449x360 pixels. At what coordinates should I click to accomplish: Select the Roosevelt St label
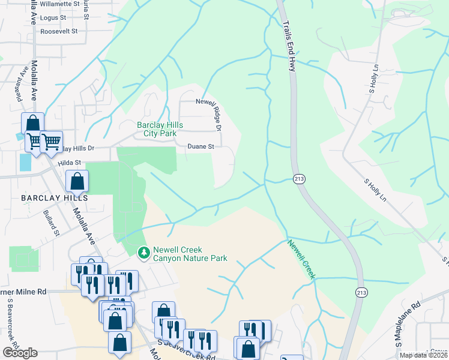[x=59, y=31]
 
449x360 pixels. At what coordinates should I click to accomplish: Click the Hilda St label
[x=69, y=163]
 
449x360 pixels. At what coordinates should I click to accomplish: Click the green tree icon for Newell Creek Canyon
[x=143, y=254]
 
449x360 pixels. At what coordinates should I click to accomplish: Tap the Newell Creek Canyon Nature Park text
[x=190, y=254]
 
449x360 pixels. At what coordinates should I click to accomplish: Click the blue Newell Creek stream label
[x=301, y=259]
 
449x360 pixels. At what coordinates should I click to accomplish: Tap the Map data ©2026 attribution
[x=423, y=355]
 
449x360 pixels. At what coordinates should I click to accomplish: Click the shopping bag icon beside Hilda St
[x=77, y=181]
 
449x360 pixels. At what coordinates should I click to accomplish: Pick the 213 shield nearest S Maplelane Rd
[x=361, y=292]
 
